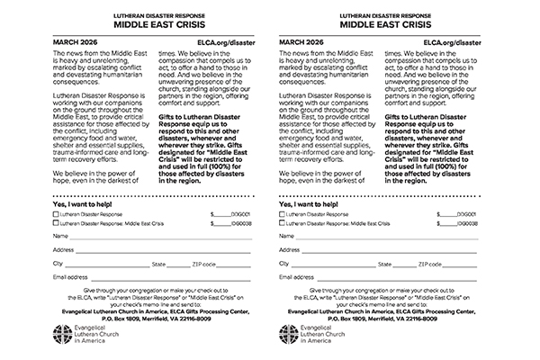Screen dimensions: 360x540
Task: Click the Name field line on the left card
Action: [x=148, y=238]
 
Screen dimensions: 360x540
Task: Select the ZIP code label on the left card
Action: [x=202, y=264]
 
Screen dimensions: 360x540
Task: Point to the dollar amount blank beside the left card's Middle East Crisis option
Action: [x=220, y=224]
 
